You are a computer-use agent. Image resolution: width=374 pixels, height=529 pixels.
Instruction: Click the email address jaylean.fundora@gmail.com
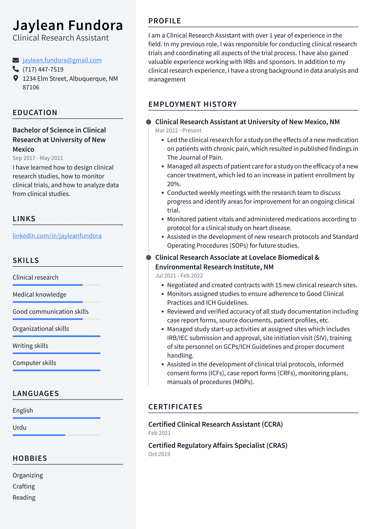click(62, 60)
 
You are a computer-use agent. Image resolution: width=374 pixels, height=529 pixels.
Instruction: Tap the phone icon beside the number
click(16, 69)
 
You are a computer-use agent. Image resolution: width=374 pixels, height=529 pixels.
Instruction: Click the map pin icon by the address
click(16, 78)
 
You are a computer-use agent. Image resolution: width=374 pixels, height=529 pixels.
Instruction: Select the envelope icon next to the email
click(16, 60)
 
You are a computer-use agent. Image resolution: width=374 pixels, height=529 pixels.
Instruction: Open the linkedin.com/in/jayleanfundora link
click(57, 236)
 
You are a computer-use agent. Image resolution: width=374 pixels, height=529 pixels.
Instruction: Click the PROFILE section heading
click(165, 21)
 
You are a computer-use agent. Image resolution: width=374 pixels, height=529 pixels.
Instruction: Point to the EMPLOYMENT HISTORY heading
click(192, 104)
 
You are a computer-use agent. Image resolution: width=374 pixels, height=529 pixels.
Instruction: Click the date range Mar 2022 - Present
click(178, 131)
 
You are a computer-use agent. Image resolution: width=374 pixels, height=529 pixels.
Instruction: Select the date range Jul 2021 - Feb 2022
click(179, 276)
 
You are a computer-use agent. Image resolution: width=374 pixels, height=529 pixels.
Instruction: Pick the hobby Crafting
click(24, 487)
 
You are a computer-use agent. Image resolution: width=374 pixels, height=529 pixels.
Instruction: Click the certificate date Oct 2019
click(159, 454)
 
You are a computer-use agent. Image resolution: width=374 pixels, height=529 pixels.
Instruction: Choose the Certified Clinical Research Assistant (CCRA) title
click(215, 424)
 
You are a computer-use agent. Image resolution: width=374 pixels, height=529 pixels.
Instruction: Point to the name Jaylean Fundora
click(68, 25)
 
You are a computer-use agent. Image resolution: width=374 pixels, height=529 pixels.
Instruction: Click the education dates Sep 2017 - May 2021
click(38, 158)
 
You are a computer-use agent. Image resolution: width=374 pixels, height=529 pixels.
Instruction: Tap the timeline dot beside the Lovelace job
click(149, 258)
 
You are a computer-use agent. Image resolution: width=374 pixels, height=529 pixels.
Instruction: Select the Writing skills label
click(30, 346)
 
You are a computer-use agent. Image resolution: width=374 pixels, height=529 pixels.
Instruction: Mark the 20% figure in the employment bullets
click(174, 184)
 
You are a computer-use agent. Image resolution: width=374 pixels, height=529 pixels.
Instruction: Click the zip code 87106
click(31, 87)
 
